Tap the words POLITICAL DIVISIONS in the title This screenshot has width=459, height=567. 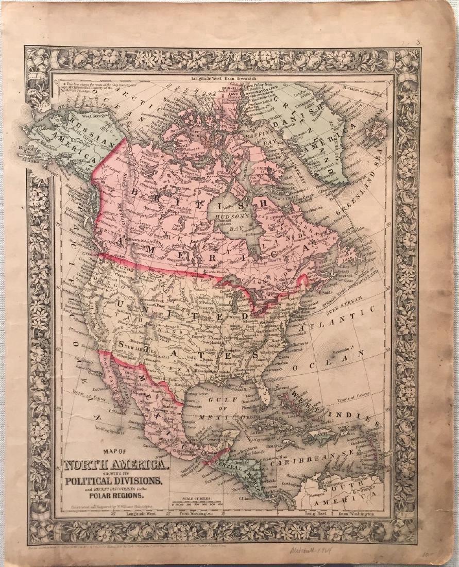coord(114,482)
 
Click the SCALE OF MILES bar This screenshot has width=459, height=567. coord(202,505)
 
